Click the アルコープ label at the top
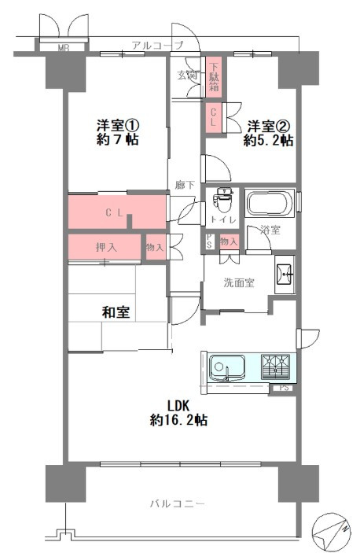pos(156,45)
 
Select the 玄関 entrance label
pos(186,76)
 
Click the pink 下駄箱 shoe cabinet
pos(214,76)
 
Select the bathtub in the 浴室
pos(269,205)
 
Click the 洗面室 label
pos(238,282)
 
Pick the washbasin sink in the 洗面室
pos(284,275)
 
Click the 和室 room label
pos(116,312)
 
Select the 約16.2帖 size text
pos(178,420)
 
